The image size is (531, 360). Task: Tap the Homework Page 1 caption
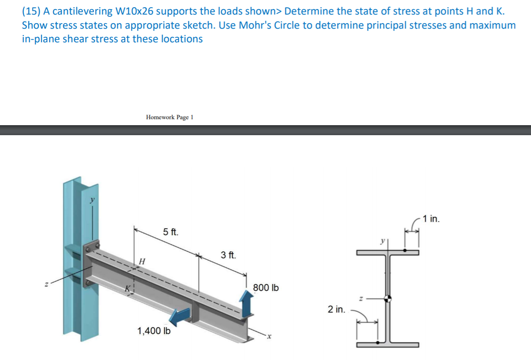tap(169, 117)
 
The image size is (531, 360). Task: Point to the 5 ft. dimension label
tap(171, 232)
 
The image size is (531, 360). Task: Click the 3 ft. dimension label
tap(229, 255)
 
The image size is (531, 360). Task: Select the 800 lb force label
tap(266, 288)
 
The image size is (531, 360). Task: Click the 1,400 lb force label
tap(154, 331)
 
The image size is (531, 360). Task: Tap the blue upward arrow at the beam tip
tap(246, 304)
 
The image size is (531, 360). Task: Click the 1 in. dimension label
tap(431, 219)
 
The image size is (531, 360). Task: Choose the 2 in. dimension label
tap(336, 310)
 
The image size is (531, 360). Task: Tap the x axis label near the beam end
tap(269, 337)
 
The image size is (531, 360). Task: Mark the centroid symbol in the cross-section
tap(388, 299)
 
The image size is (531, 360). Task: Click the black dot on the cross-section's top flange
tap(405, 249)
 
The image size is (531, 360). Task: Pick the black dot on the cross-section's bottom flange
tap(376, 343)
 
